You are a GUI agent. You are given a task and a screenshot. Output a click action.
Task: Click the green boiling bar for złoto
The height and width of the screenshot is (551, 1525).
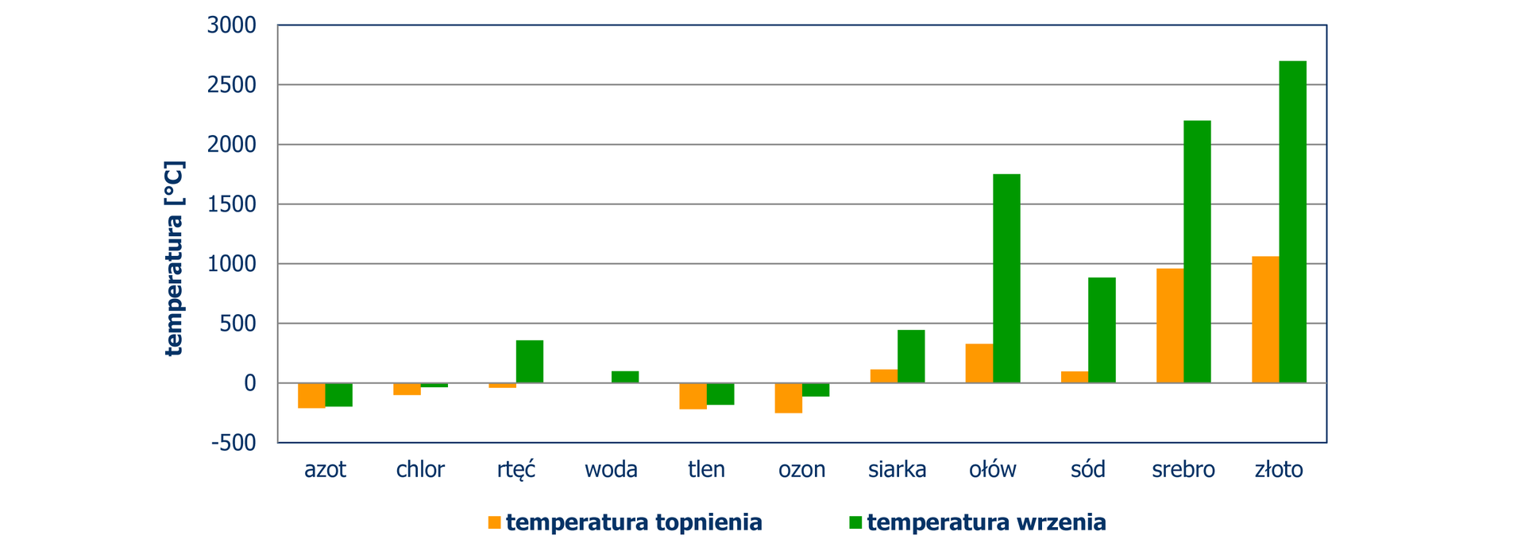[x=1292, y=222]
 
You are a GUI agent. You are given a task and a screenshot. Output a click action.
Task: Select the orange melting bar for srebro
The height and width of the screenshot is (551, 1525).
[x=1170, y=326]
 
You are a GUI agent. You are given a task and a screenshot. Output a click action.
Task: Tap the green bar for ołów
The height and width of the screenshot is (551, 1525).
[x=1006, y=278]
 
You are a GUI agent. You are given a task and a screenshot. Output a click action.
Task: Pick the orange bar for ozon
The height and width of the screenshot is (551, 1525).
[x=789, y=398]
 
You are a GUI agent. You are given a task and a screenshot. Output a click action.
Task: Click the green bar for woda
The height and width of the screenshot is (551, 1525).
[x=625, y=377]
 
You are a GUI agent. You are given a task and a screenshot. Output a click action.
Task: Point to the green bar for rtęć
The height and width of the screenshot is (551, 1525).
[x=530, y=362]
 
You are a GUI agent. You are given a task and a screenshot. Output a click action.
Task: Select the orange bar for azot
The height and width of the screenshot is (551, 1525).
[x=311, y=395]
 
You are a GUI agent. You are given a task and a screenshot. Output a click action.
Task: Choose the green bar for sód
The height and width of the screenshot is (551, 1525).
[x=1102, y=330]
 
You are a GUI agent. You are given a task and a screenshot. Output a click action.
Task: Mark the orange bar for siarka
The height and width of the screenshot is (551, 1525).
[x=884, y=376]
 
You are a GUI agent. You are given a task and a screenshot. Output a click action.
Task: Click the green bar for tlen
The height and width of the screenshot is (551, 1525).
[x=720, y=394]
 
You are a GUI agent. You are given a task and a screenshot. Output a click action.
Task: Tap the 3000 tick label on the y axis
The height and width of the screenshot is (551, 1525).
[x=232, y=25]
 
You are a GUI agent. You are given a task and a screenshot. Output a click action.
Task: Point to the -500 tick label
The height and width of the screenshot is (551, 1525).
[x=234, y=443]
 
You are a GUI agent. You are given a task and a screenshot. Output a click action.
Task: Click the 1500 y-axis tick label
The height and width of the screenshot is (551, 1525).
[x=232, y=204]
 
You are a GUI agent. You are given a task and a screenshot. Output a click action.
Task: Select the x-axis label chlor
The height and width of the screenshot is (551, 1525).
[x=420, y=470]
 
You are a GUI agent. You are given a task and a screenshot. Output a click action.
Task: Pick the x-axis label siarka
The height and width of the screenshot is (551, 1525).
[x=897, y=470]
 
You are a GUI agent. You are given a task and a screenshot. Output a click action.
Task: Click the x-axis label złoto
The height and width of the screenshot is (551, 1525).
[x=1279, y=470]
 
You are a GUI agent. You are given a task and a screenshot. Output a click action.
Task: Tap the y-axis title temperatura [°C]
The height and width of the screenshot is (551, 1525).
[x=174, y=258]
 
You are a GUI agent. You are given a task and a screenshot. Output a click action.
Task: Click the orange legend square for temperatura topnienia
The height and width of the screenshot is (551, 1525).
[x=495, y=522]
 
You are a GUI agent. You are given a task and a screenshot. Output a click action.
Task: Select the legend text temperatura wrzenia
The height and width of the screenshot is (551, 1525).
[x=986, y=522]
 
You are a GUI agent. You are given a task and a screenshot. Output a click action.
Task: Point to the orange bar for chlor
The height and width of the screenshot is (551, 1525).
[x=407, y=389]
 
